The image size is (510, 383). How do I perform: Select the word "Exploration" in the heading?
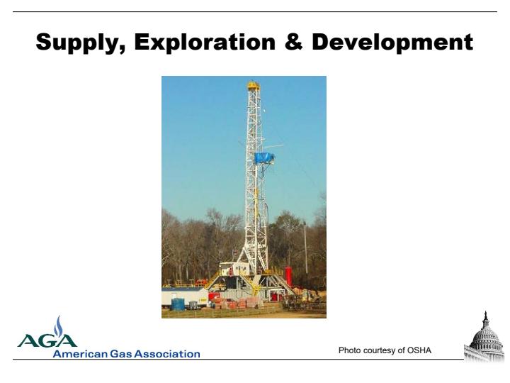205,42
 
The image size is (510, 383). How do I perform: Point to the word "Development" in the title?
392,43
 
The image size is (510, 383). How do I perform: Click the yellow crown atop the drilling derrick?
254,86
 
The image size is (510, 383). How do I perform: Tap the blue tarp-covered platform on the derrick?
264,158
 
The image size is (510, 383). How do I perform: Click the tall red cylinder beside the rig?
288,276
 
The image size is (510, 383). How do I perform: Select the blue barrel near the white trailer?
178,304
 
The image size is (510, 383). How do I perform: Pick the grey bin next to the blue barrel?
193,305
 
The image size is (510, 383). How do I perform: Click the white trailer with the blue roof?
184,296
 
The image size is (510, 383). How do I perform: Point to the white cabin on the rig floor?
235,269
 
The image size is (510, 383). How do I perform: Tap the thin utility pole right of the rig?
305,248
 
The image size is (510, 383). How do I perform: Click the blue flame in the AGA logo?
58,326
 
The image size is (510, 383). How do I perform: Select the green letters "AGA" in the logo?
47,340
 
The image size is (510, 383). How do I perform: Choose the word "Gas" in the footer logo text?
121,354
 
